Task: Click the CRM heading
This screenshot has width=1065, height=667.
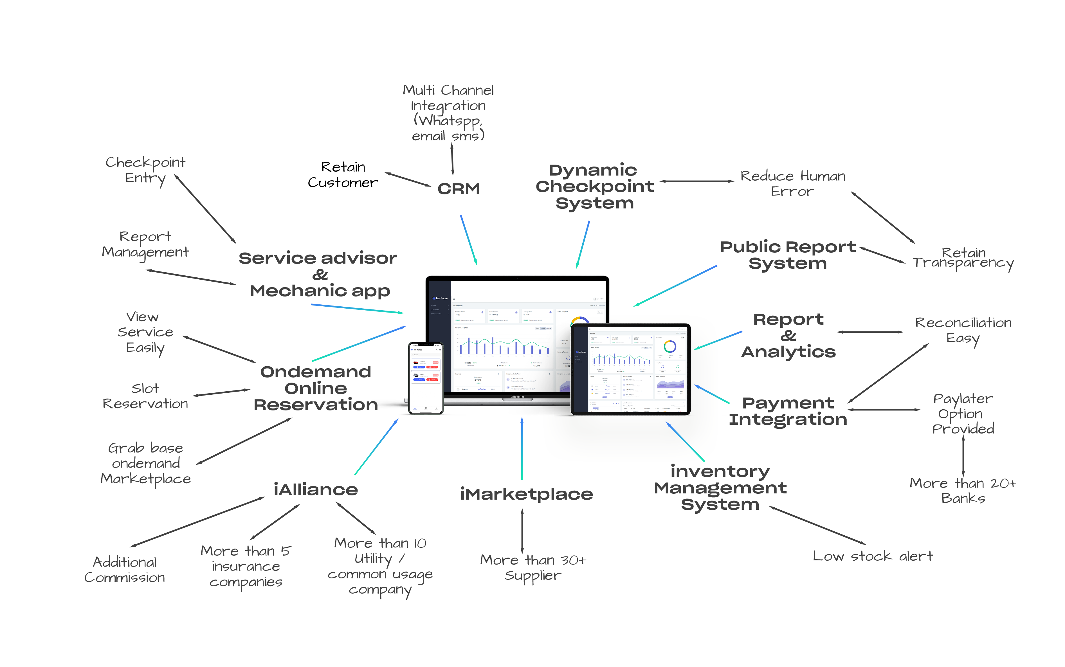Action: [x=458, y=189]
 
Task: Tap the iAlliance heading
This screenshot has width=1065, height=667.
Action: [x=315, y=490]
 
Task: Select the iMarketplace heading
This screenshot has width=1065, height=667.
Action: [x=526, y=494]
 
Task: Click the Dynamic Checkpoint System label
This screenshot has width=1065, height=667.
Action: [x=594, y=187]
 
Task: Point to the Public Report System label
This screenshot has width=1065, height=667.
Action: [x=788, y=255]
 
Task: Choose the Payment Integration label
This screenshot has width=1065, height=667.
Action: [x=788, y=411]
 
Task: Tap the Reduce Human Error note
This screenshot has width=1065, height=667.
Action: [x=792, y=183]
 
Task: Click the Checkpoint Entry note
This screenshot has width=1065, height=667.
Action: [x=145, y=170]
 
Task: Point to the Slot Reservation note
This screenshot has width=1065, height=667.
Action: [x=145, y=396]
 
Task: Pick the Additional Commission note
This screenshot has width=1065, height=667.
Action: [x=125, y=569]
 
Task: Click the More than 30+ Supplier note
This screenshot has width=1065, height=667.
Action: [x=533, y=568]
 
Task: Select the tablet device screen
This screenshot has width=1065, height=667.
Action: [x=631, y=370]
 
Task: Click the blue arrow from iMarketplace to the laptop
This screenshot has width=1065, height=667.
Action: [x=522, y=448]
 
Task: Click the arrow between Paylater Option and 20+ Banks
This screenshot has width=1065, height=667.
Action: [x=963, y=456]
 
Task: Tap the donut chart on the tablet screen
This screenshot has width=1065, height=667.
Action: [x=670, y=346]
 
